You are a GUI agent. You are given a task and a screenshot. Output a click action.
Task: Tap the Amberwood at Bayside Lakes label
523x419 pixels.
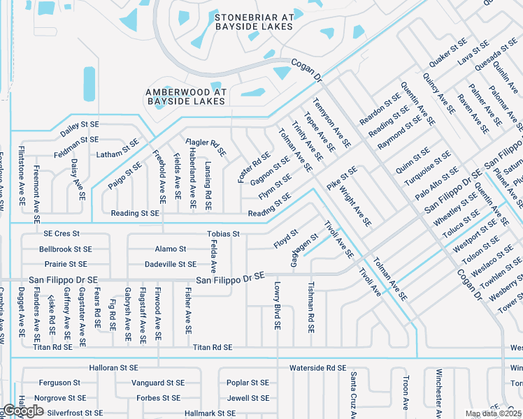[x=186, y=96]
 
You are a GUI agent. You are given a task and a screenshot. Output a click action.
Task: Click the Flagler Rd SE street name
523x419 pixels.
[x=207, y=147]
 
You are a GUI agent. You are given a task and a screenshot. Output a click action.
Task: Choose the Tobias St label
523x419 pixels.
[x=223, y=233]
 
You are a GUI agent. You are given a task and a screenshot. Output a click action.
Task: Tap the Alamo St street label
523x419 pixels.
[x=171, y=249]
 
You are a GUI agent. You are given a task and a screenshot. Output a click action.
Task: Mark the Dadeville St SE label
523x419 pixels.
[x=171, y=264]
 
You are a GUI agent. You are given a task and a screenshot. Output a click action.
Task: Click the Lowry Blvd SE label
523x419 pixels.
[x=278, y=306]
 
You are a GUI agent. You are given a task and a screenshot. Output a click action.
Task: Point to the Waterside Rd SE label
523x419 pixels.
[x=317, y=367]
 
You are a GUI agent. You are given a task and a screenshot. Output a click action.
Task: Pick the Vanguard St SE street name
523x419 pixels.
[x=158, y=383]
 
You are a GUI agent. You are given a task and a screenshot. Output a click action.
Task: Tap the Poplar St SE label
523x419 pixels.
[x=248, y=383]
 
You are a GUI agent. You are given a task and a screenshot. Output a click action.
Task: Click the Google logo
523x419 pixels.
[x=23, y=411]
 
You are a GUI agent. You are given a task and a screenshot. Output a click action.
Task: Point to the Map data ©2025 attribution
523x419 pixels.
[x=494, y=413]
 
